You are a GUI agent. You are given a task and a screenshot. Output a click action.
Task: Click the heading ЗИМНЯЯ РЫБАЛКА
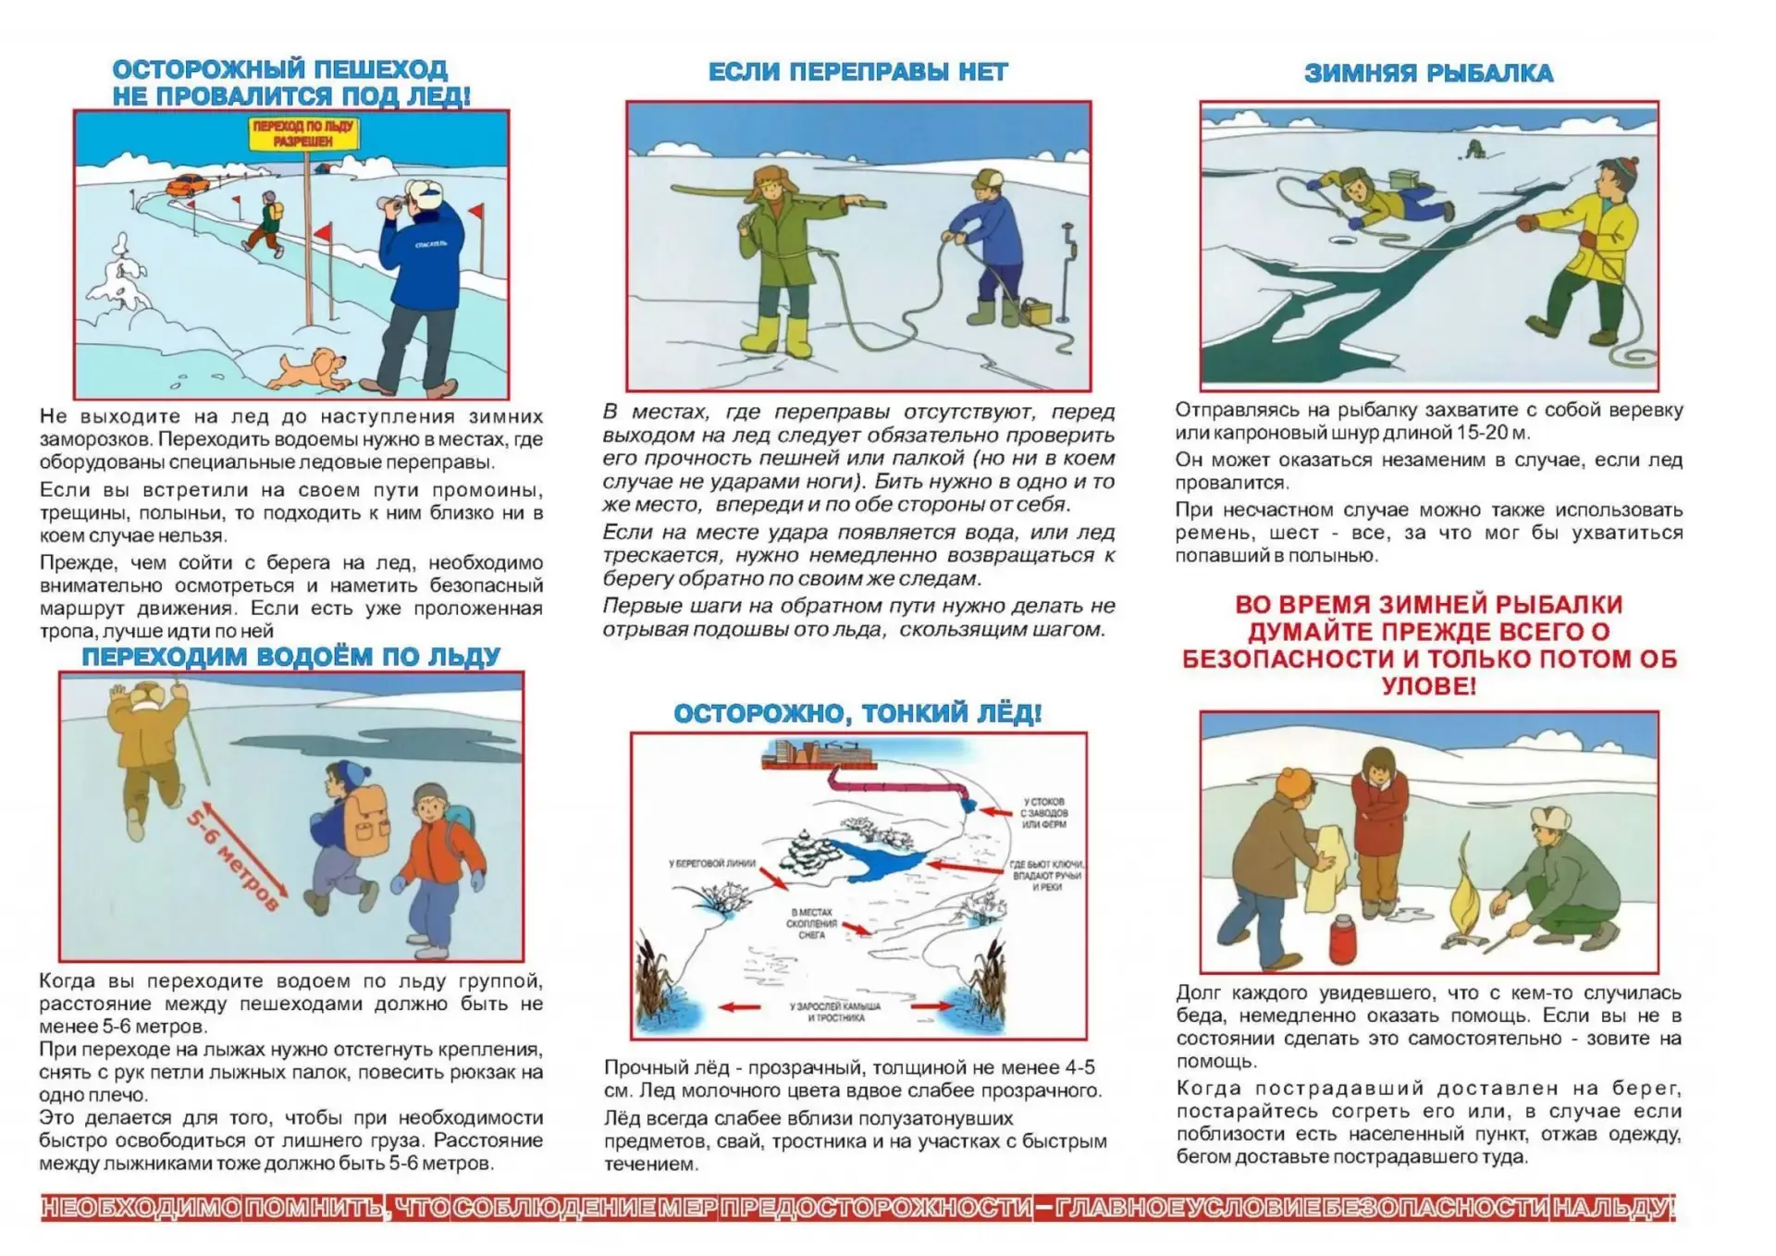(1428, 73)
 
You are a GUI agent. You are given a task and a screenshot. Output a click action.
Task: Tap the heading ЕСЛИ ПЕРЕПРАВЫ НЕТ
(857, 72)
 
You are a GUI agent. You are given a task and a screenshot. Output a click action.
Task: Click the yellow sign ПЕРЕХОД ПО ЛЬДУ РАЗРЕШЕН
(303, 134)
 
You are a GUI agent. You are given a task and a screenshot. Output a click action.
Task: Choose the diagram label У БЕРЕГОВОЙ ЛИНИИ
(712, 864)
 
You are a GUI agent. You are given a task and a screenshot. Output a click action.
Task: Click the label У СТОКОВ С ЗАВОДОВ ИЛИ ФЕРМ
(1043, 813)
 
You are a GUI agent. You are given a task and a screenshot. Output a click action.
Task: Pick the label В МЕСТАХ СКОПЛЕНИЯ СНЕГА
(811, 923)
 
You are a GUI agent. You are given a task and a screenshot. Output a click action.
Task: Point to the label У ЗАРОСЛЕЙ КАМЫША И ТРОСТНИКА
(835, 1012)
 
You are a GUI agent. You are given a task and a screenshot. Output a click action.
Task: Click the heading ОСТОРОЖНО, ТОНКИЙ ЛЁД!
(857, 713)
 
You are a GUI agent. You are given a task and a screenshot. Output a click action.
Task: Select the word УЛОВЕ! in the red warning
(1428, 686)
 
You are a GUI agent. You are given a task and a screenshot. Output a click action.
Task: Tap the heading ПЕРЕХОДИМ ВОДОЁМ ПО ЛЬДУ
(291, 657)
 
